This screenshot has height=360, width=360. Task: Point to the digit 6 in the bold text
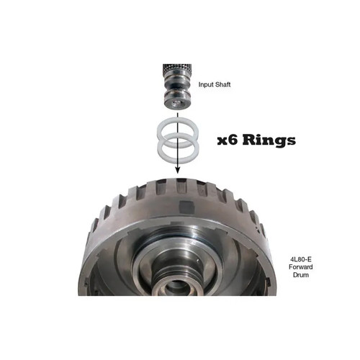238,140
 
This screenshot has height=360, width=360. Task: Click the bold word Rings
271,140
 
